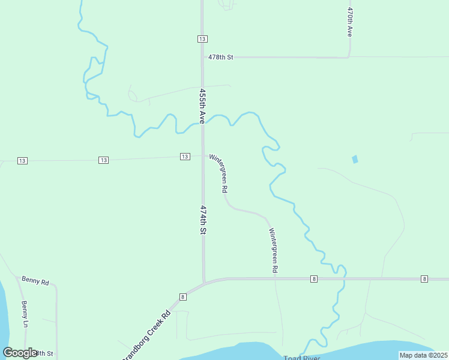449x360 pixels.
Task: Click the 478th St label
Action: (220, 57)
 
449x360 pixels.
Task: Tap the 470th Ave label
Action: (349, 22)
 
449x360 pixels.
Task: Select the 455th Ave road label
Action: (203, 107)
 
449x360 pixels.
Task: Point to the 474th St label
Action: (203, 220)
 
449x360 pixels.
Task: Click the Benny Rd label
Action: (35, 280)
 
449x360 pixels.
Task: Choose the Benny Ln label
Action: (25, 314)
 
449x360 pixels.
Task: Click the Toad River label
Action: (302, 358)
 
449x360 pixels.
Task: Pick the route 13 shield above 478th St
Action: (202, 39)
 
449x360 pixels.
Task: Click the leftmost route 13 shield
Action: (22, 160)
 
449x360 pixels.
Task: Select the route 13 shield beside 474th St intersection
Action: (185, 157)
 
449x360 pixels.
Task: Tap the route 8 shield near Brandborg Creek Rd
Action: (182, 296)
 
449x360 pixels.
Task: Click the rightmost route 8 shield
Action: (424, 279)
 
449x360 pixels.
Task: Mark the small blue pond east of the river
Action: (354, 159)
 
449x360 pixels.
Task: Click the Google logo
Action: (20, 353)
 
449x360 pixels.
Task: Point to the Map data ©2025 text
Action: (423, 355)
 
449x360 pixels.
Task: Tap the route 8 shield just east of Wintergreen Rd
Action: (314, 279)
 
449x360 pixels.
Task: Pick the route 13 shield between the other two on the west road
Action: (104, 160)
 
